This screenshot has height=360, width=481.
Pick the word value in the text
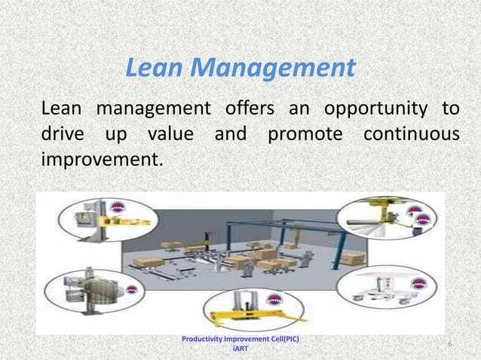pos(170,136)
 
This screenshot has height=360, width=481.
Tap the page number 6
pos(449,344)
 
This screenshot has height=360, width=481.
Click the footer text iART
pos(240,349)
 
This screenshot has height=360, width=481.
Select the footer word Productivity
pos(207,339)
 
